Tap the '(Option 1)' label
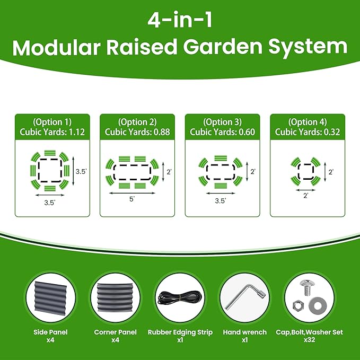click(52, 122)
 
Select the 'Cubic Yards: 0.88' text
click(137, 132)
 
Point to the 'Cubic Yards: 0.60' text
click(222, 132)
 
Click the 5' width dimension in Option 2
click(131, 199)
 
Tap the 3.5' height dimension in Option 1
click(81, 172)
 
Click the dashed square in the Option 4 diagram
click(306, 171)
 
